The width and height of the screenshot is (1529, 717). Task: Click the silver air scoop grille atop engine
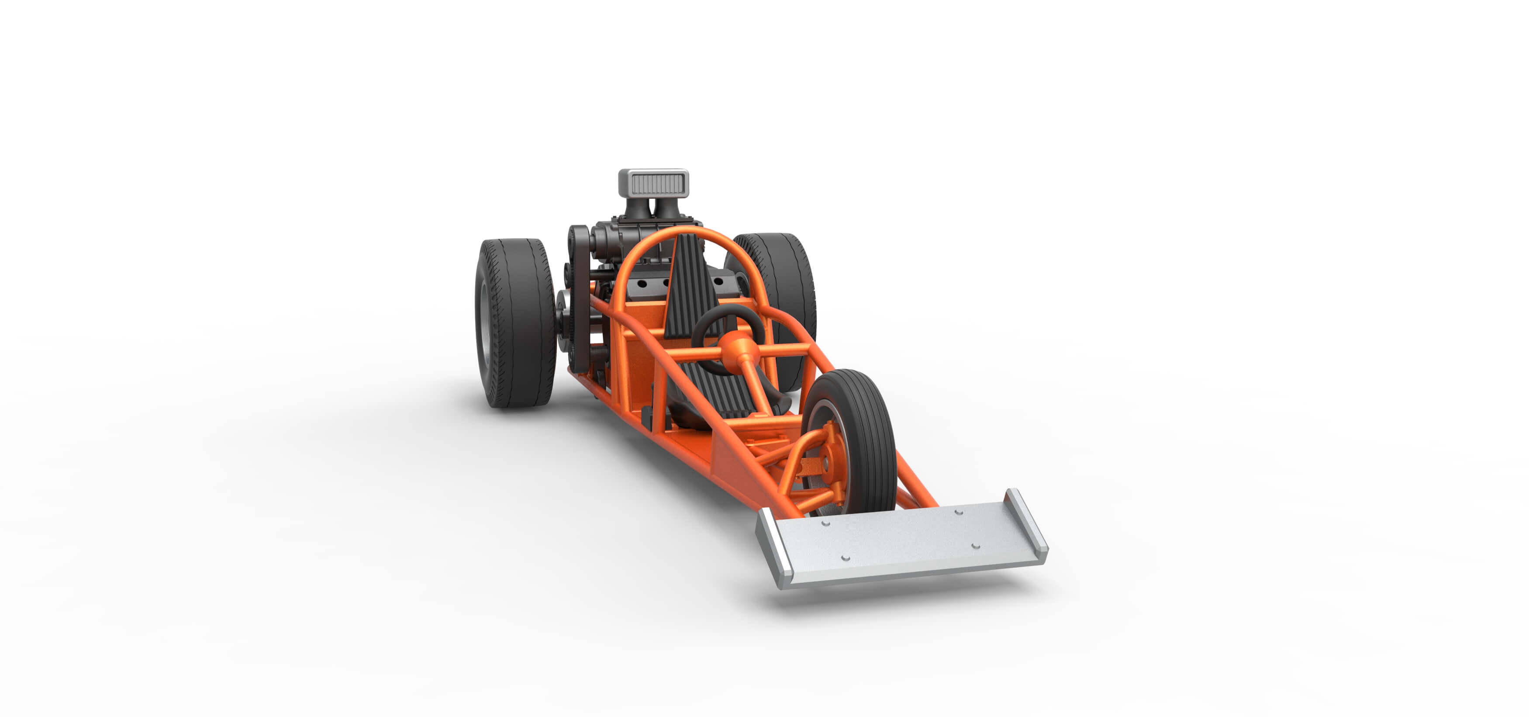click(653, 184)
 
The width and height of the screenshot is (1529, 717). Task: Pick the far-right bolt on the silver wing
click(958, 512)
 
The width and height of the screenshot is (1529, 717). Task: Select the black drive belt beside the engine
click(579, 297)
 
